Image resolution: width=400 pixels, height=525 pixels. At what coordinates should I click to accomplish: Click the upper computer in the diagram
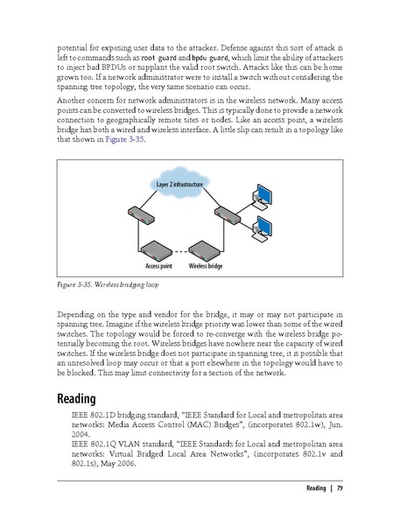[262, 196]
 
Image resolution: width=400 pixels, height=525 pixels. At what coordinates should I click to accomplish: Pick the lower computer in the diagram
[262, 229]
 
